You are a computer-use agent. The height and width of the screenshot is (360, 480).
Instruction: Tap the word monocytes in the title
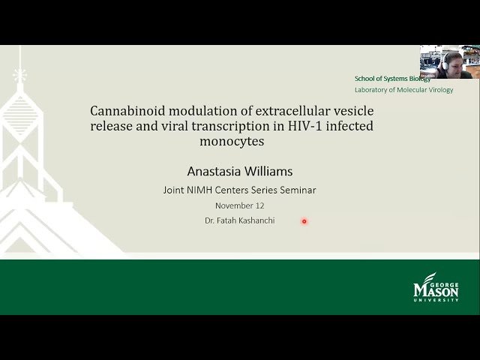(232, 141)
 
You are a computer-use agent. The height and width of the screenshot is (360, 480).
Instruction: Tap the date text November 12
(239, 205)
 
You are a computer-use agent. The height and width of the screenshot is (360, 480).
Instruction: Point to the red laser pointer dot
(304, 221)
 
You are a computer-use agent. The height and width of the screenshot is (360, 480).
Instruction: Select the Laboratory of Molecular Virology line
(403, 89)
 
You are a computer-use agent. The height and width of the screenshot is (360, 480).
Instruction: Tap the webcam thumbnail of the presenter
(446, 62)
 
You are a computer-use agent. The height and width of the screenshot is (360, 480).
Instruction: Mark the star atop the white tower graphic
(20, 74)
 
